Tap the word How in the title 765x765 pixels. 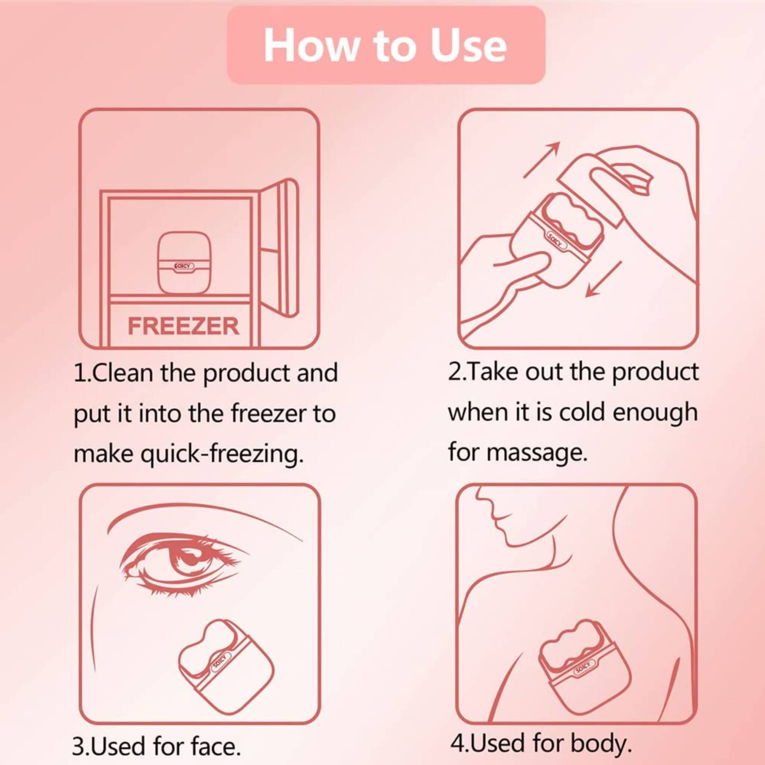point(310,46)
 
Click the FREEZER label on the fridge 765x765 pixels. point(183,326)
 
